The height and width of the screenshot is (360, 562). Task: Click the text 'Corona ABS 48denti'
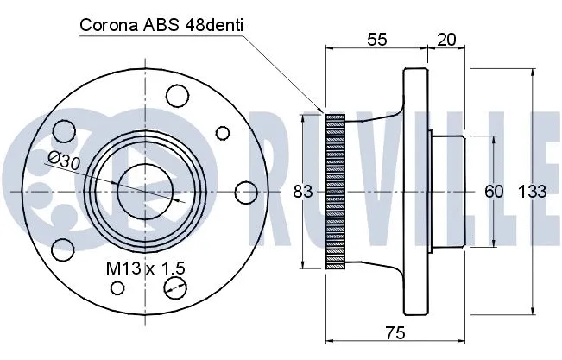point(161,25)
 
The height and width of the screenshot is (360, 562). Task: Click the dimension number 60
point(493,191)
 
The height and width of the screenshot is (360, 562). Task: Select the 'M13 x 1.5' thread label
point(144,269)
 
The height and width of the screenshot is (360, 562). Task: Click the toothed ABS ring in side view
point(334,191)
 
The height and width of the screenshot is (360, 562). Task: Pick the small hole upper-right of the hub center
point(223,133)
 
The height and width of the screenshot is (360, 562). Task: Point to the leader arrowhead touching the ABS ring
point(320,112)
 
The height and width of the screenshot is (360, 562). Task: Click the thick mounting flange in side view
point(418,191)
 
